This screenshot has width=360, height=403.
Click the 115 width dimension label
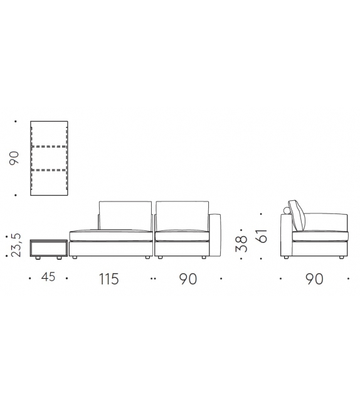109,279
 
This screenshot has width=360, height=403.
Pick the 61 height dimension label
262,235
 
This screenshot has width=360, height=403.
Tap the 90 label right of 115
187,279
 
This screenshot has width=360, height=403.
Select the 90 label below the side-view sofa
314,279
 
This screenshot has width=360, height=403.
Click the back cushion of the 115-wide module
125,216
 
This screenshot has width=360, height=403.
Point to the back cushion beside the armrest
182,216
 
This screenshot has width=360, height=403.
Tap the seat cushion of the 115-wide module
111,236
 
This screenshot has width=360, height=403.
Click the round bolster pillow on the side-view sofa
291,208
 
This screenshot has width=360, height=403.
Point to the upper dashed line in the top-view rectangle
49,146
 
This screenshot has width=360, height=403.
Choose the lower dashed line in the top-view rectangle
49,170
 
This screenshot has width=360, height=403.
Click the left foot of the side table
39,258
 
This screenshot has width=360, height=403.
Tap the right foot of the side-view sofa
341,257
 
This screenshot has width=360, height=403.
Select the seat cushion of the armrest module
181,236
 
